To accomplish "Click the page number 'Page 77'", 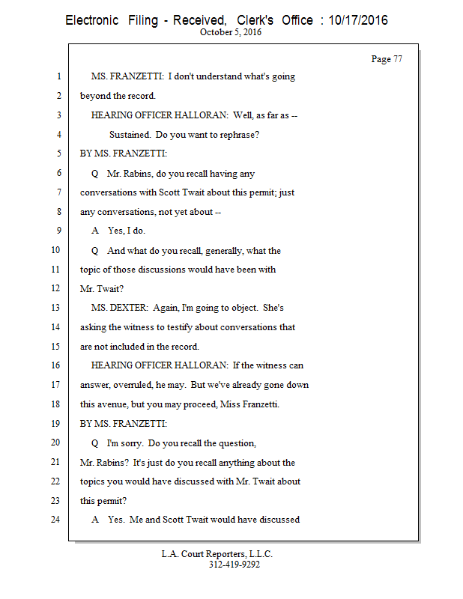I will pyautogui.click(x=387, y=59).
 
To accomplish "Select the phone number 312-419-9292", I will pyautogui.click(x=234, y=565).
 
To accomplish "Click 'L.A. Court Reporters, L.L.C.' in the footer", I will pyautogui.click(x=217, y=554).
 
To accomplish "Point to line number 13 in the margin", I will pyautogui.click(x=55, y=308).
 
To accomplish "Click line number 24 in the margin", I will pyautogui.click(x=55, y=519).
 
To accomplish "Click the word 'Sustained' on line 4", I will pyautogui.click(x=131, y=135).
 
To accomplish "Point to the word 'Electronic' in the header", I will pyautogui.click(x=92, y=20).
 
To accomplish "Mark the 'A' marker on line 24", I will pyautogui.click(x=94, y=519).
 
